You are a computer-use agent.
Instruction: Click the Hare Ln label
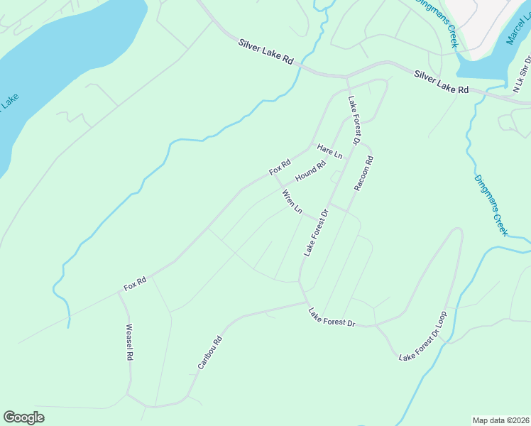pos(330,151)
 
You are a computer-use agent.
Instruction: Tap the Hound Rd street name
pos(310,171)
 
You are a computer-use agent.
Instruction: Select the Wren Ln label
pos(292,202)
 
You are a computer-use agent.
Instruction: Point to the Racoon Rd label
pos(363,174)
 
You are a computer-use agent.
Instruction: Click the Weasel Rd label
pos(130,343)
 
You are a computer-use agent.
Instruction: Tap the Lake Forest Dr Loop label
pos(423,337)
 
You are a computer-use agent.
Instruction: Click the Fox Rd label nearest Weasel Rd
pos(135,284)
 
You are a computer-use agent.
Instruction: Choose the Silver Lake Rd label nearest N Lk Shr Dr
pos(442,82)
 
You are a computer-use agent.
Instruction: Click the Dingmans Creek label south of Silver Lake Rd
pos(491,205)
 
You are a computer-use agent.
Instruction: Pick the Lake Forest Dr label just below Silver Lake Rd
pos(354,119)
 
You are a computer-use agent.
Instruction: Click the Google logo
pos(23,417)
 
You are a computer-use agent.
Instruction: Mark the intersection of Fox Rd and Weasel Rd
pos(119,291)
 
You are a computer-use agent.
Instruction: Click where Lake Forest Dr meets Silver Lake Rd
pos(347,77)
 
